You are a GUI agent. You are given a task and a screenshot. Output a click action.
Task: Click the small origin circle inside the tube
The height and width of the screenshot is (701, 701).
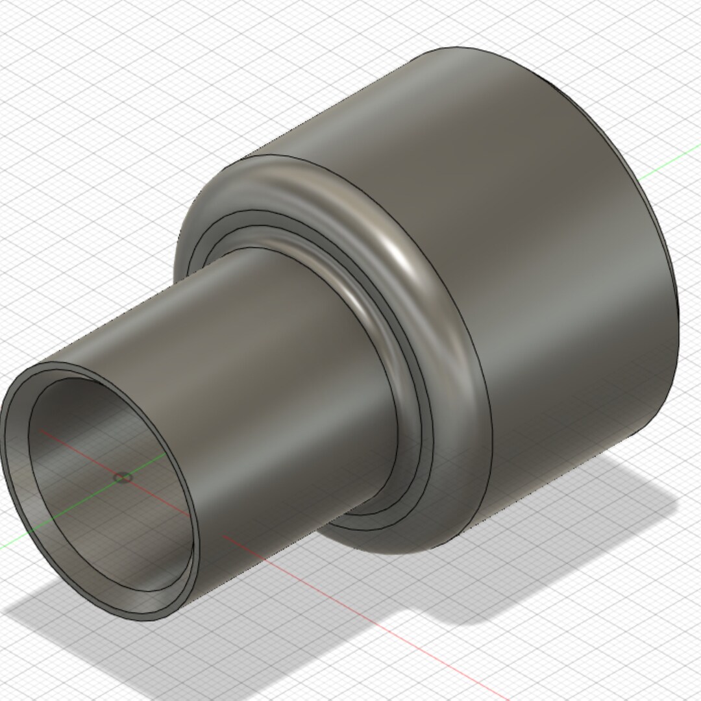pos(123,478)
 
